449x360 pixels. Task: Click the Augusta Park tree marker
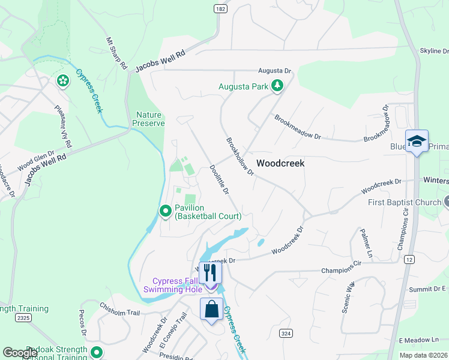click(277, 86)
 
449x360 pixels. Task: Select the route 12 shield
click(409, 259)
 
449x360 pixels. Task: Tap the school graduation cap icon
click(417, 141)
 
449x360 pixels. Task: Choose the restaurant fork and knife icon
click(210, 272)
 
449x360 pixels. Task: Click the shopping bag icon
click(211, 310)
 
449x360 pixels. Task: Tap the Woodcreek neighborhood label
click(280, 163)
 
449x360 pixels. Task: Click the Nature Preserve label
click(150, 119)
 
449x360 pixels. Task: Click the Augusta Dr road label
click(274, 70)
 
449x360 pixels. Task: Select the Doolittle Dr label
click(220, 179)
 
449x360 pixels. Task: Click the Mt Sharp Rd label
click(117, 53)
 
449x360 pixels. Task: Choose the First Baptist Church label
click(404, 202)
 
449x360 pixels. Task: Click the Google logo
click(20, 353)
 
